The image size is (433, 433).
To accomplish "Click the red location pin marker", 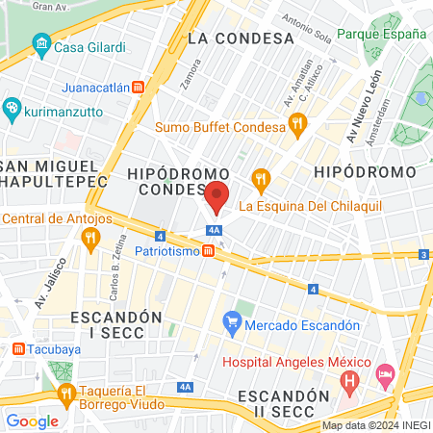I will click(217, 197).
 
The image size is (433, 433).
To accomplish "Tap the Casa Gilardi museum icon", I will click(40, 45).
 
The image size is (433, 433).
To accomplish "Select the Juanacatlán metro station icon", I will click(139, 87).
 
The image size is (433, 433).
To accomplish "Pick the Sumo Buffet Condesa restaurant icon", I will click(297, 125).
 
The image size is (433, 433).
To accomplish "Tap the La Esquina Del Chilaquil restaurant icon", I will click(260, 178).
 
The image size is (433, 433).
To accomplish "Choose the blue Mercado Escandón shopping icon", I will click(231, 322).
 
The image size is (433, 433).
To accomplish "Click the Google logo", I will click(32, 420).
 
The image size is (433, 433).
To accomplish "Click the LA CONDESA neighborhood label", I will click(240, 38).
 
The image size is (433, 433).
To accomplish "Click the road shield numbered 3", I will click(423, 254).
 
